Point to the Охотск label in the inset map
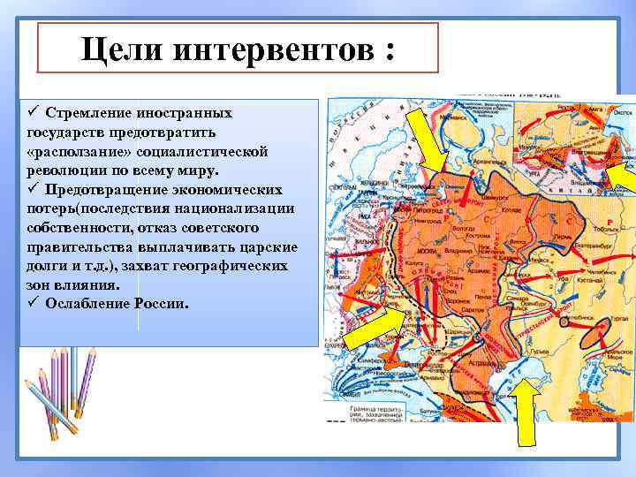tap(621, 114)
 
